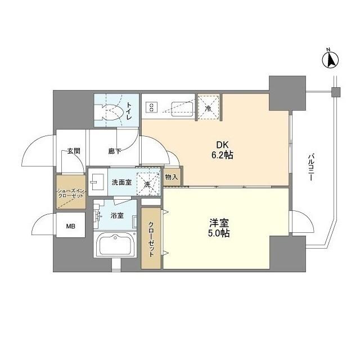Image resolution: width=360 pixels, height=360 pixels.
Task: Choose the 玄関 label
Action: click(x=73, y=151)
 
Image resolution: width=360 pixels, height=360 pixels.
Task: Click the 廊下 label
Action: click(x=115, y=151)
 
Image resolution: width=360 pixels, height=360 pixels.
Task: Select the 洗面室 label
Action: click(x=121, y=182)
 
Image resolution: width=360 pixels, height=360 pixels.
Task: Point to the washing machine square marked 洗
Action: click(x=147, y=183)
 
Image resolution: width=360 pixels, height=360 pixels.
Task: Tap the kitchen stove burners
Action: click(x=152, y=107)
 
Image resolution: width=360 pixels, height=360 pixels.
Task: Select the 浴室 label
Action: click(x=117, y=215)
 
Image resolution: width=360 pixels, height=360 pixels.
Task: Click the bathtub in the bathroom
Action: click(x=116, y=245)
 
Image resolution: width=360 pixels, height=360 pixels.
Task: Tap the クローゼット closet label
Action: click(x=151, y=237)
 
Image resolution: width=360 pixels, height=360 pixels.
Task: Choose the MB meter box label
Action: click(x=71, y=226)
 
